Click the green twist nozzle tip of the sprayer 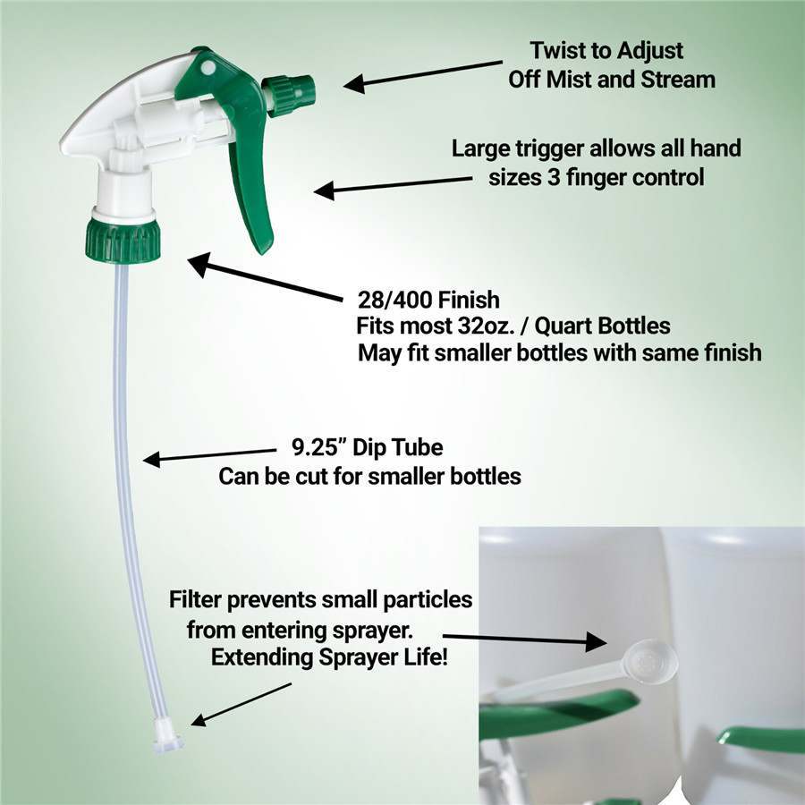point(289,95)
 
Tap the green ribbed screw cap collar point(123,241)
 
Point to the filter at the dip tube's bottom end point(168,736)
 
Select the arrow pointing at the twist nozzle point(423,77)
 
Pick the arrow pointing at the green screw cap point(265,276)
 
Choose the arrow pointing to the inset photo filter point(524,640)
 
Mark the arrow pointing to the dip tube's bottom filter point(241,705)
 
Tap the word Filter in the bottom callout point(195,599)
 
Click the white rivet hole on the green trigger point(208,67)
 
